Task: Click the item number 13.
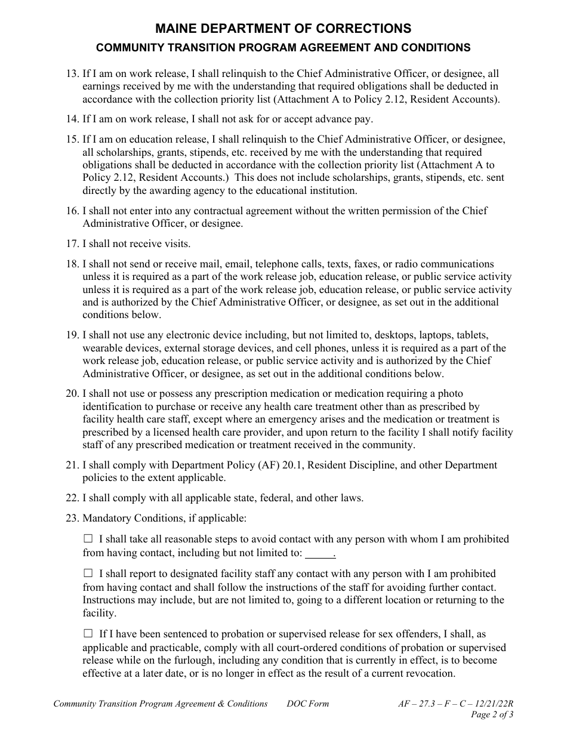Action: [x=72, y=74]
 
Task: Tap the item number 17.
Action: [x=72, y=243]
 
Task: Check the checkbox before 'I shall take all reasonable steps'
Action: [x=88, y=539]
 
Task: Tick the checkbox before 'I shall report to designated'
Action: [x=88, y=573]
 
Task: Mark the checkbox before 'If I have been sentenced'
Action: [x=88, y=634]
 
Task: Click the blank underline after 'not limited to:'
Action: [x=320, y=553]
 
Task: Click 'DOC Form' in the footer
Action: [x=307, y=704]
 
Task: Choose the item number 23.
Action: [x=72, y=519]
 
